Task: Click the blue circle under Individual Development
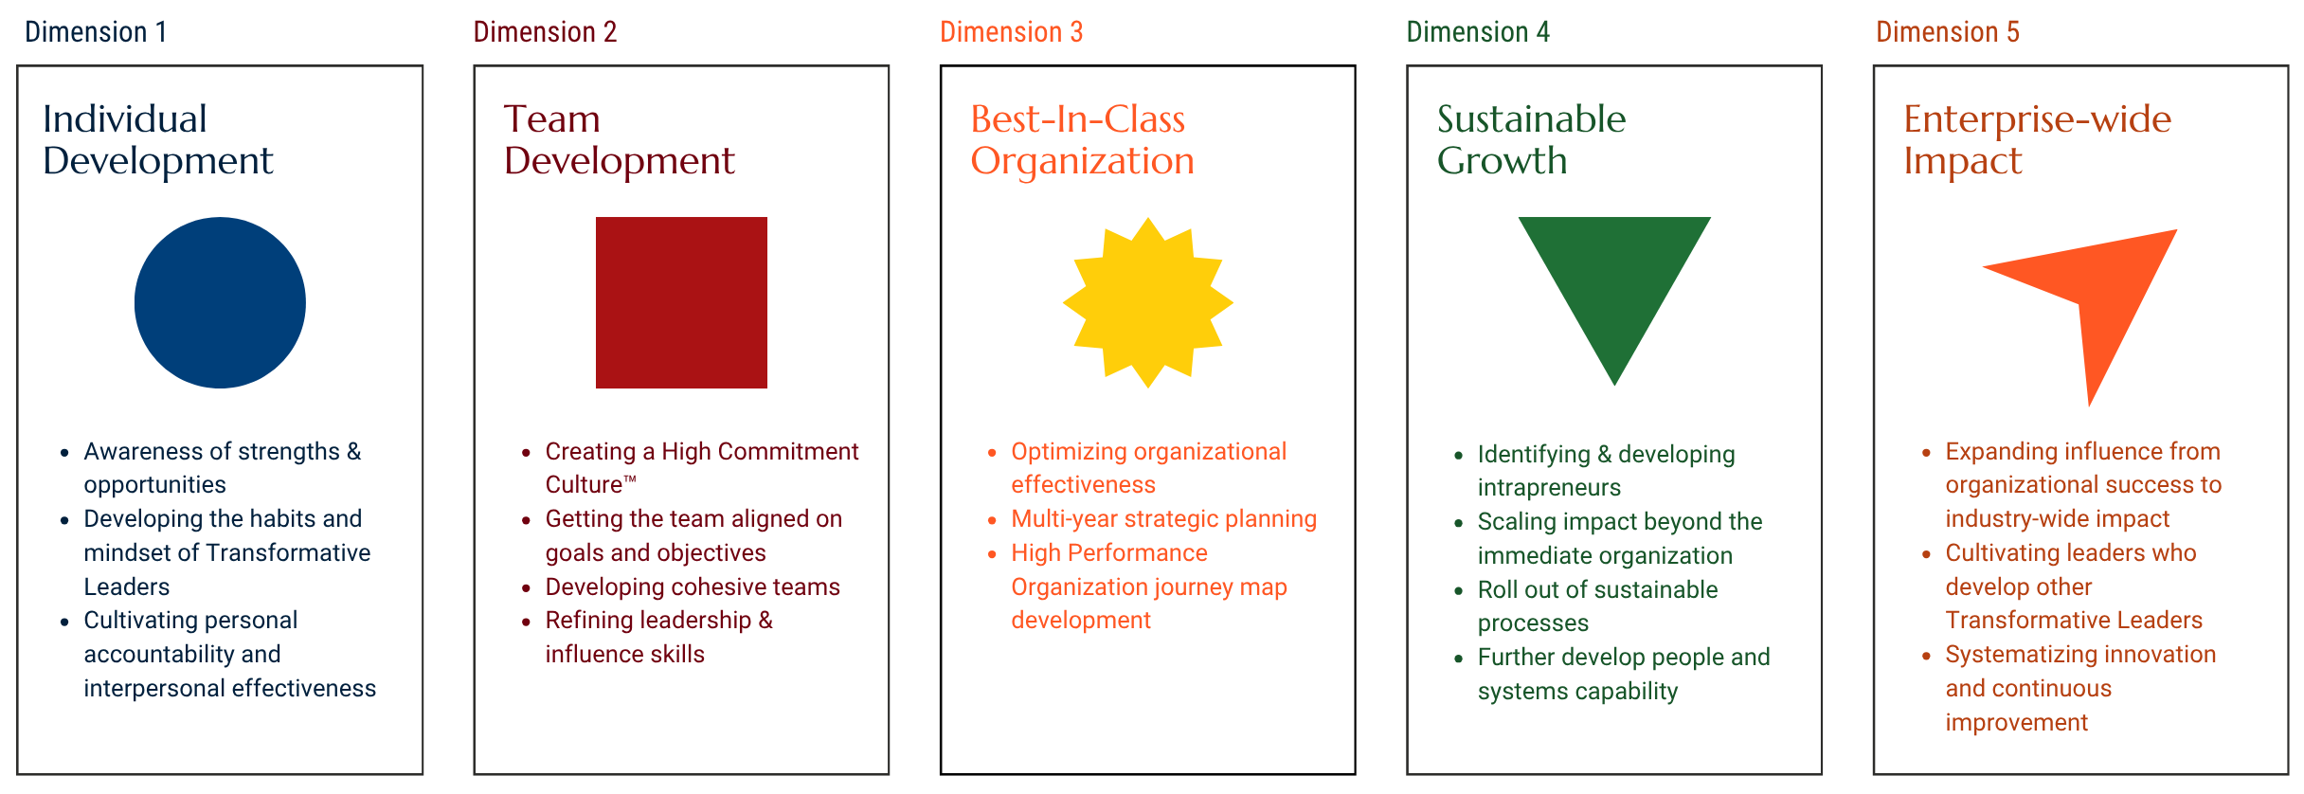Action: click(x=220, y=302)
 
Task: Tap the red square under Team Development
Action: click(x=681, y=302)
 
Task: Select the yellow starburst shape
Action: click(x=1147, y=302)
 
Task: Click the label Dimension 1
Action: click(x=96, y=32)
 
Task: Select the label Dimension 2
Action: click(x=545, y=32)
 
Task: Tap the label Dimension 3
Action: click(x=1011, y=32)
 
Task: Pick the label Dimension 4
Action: click(x=1478, y=32)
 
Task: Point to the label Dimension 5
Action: click(x=1948, y=32)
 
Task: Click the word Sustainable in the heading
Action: click(x=1531, y=119)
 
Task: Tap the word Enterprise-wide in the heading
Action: click(x=2037, y=119)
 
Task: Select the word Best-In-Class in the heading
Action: click(x=1078, y=119)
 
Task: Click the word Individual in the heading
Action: click(x=125, y=119)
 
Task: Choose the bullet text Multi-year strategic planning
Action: click(x=1163, y=519)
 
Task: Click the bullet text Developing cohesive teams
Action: click(x=693, y=587)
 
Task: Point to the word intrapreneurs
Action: click(x=1549, y=488)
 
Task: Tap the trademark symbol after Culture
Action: click(x=630, y=479)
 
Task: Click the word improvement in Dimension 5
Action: click(x=2016, y=723)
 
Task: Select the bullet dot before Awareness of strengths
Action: click(x=64, y=453)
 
